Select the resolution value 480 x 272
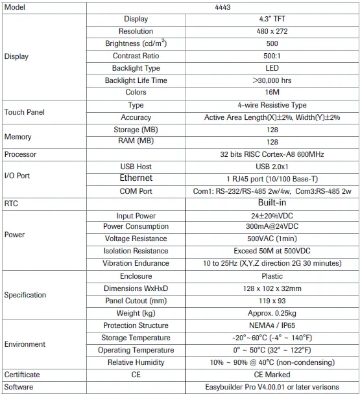click(272, 31)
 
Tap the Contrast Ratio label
click(136, 56)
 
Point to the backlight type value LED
click(272, 68)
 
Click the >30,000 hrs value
click(272, 80)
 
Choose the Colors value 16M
click(272, 93)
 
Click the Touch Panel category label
click(24, 111)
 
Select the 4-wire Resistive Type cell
click(272, 105)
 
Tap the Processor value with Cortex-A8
click(272, 154)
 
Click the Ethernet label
click(136, 178)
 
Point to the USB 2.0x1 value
click(272, 167)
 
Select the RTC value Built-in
click(272, 203)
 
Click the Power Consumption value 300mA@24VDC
click(272, 227)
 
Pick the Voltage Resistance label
click(136, 239)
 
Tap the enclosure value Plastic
click(272, 276)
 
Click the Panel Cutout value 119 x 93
click(272, 301)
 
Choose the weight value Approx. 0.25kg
click(272, 313)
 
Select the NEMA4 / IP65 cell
click(272, 325)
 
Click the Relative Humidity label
click(136, 362)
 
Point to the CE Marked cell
click(272, 375)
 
